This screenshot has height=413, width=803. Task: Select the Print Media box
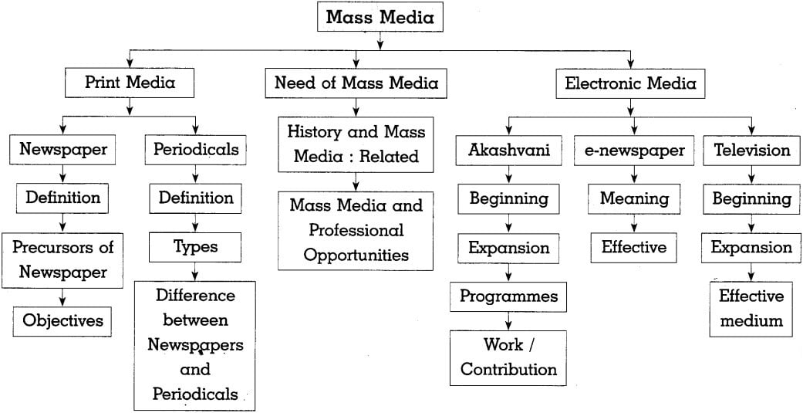[x=130, y=83]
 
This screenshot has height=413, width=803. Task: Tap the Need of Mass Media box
[x=356, y=83]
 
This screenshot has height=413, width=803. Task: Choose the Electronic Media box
[x=630, y=83]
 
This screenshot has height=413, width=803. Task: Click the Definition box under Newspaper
[x=63, y=198]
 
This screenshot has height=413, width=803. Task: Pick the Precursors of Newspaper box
[x=63, y=259]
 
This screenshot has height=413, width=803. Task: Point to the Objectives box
[x=62, y=320]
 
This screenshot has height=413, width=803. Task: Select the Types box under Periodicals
[x=195, y=247]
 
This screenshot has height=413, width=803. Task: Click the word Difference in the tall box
[x=195, y=296]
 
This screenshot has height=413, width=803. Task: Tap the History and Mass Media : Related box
[x=356, y=144]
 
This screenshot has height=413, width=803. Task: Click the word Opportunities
[x=356, y=255]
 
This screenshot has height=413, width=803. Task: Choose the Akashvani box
[x=508, y=151]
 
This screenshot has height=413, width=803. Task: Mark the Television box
[x=751, y=151]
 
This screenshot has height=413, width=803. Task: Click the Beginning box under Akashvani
[x=508, y=199]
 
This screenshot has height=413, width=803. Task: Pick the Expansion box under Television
[x=751, y=248]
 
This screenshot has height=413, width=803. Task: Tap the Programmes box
[x=508, y=296]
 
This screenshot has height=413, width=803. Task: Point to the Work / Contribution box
[x=508, y=357]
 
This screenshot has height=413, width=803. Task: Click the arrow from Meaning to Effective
[x=634, y=224]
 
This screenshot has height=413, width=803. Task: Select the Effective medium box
[x=751, y=308]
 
